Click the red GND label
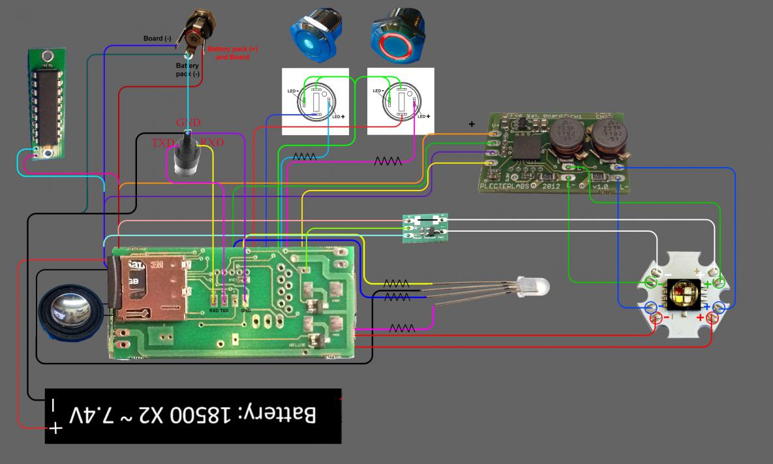(188, 123)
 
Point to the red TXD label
(162, 142)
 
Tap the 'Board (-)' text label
(157, 39)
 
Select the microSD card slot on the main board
(150, 288)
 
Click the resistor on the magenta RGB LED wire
(401, 328)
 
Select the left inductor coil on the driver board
(566, 142)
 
